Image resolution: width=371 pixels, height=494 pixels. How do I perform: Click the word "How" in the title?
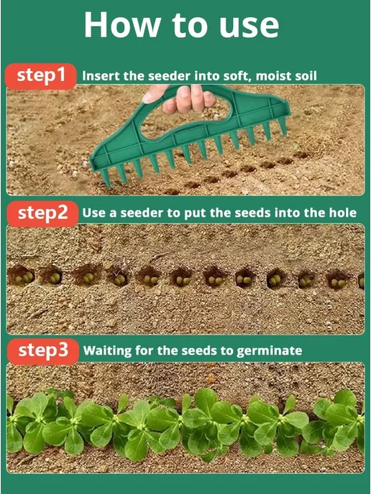click(x=123, y=25)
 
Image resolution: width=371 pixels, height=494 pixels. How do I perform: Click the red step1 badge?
click(x=41, y=76)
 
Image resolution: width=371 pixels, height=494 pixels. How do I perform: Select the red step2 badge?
click(x=42, y=214)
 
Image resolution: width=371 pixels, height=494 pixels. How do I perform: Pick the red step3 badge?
click(x=43, y=352)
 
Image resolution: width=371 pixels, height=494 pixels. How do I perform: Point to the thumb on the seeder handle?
click(x=155, y=94)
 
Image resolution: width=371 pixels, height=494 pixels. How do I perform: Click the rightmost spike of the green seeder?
click(x=283, y=126)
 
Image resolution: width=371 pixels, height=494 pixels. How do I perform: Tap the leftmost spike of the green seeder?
click(x=105, y=178)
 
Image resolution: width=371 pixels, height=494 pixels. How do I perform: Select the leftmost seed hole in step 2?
click(x=21, y=275)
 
